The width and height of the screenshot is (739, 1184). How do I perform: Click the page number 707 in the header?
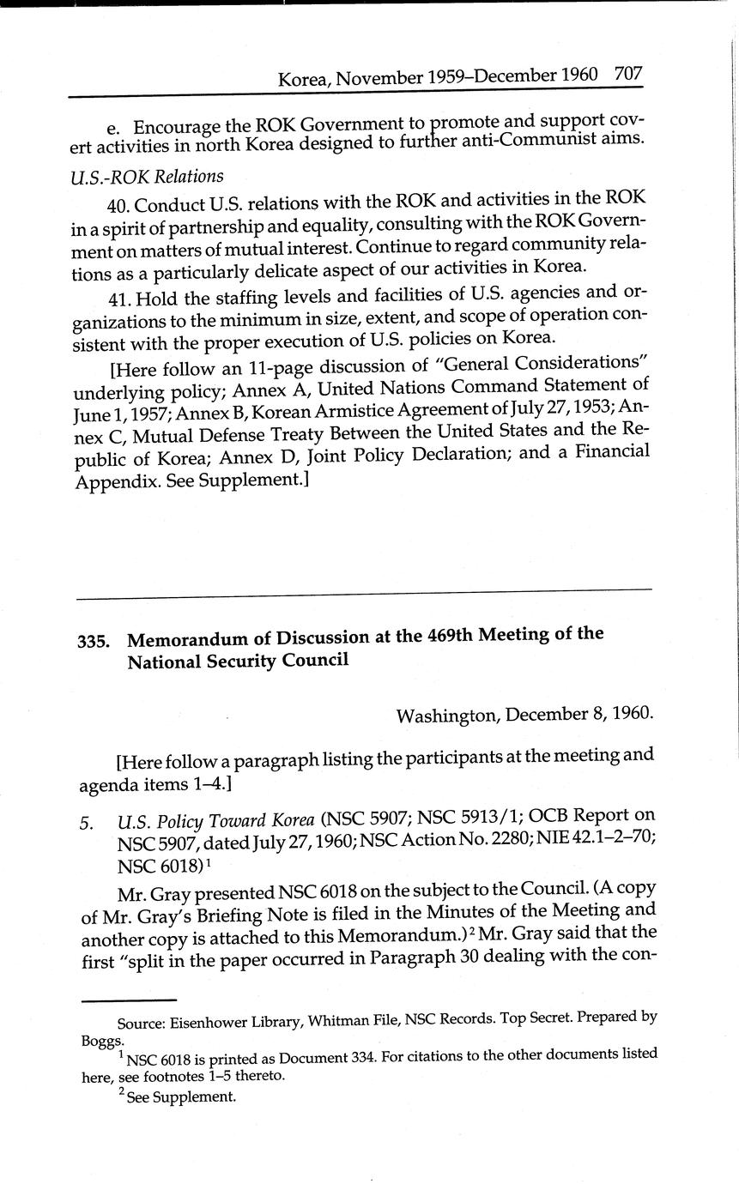628,74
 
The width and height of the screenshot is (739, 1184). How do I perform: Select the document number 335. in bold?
94,641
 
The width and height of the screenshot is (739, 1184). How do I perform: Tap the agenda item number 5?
86,824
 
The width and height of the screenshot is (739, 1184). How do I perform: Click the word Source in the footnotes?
141,1023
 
